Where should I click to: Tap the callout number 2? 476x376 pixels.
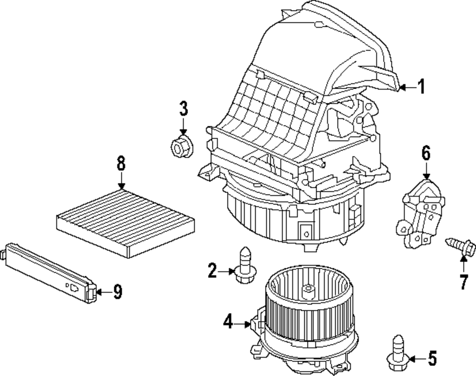click(x=212, y=271)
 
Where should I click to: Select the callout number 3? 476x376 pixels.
click(x=183, y=109)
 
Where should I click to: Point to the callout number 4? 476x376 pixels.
click(x=228, y=323)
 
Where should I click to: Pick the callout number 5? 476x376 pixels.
click(x=432, y=358)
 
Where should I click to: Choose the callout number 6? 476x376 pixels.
click(x=425, y=153)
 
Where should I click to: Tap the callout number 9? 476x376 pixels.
click(x=117, y=291)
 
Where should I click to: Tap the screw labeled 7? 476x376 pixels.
click(x=460, y=246)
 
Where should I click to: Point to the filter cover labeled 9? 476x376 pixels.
click(x=50, y=272)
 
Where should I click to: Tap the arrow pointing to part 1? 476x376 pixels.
click(x=405, y=87)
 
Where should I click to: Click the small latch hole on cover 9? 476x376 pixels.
click(x=74, y=287)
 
